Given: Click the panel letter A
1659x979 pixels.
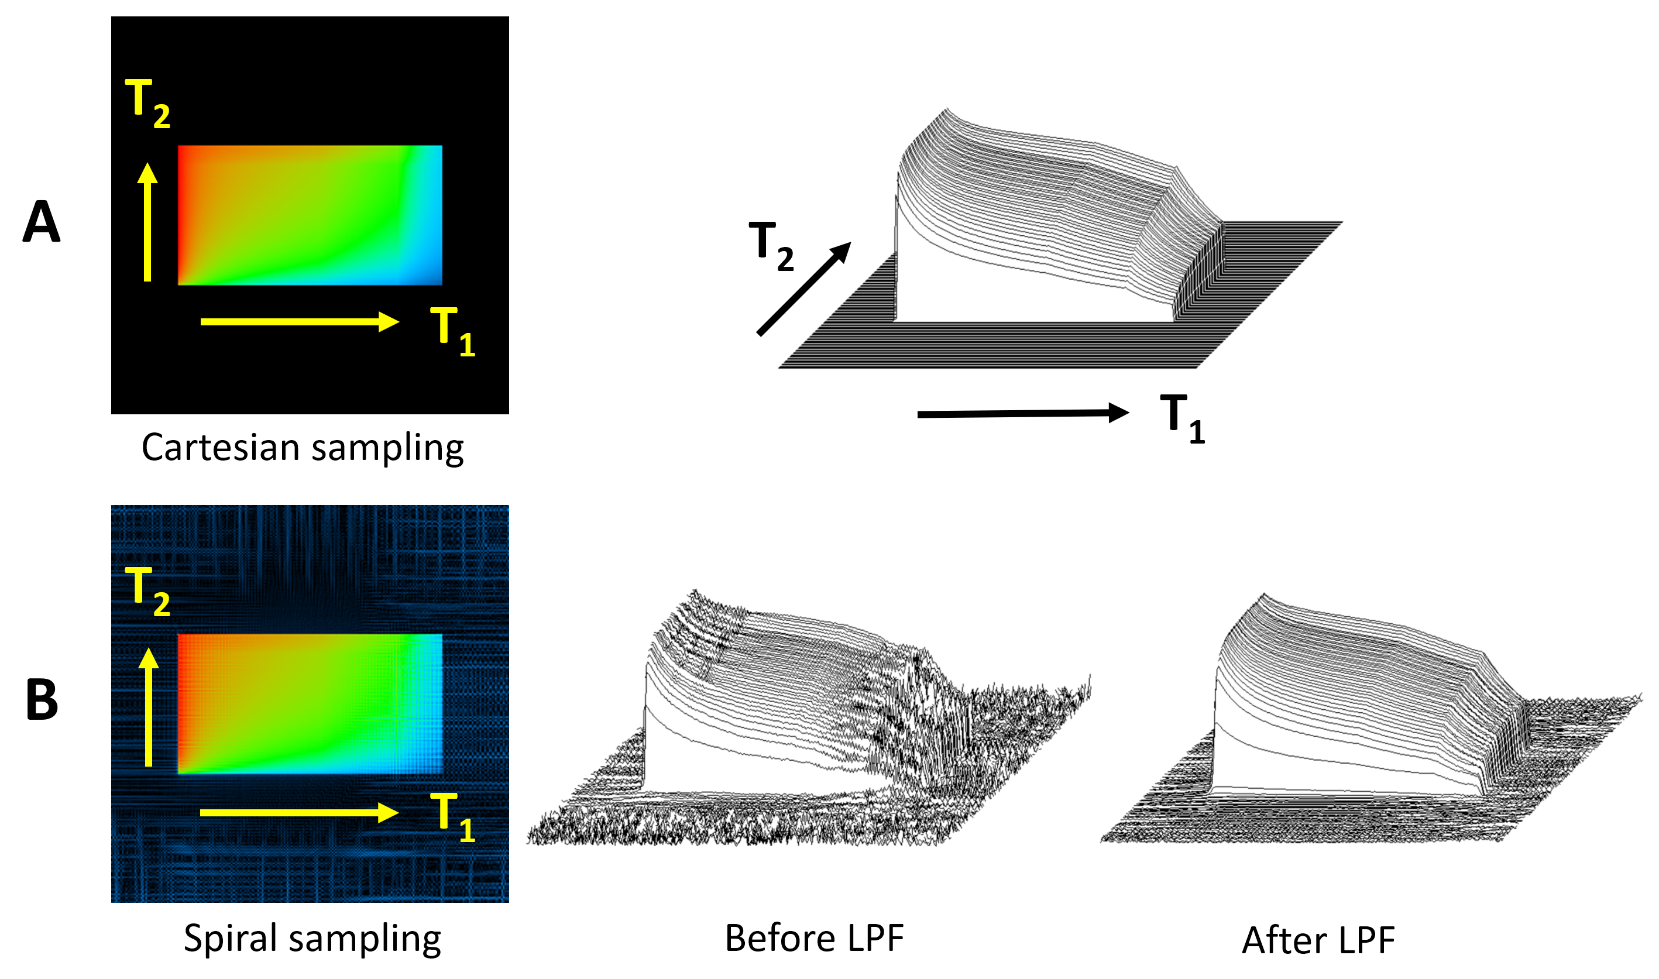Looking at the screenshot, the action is pyautogui.click(x=42, y=222).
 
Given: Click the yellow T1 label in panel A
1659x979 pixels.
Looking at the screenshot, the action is pyautogui.click(x=452, y=332).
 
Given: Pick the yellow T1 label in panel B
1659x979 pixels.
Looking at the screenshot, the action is pyautogui.click(x=452, y=817).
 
